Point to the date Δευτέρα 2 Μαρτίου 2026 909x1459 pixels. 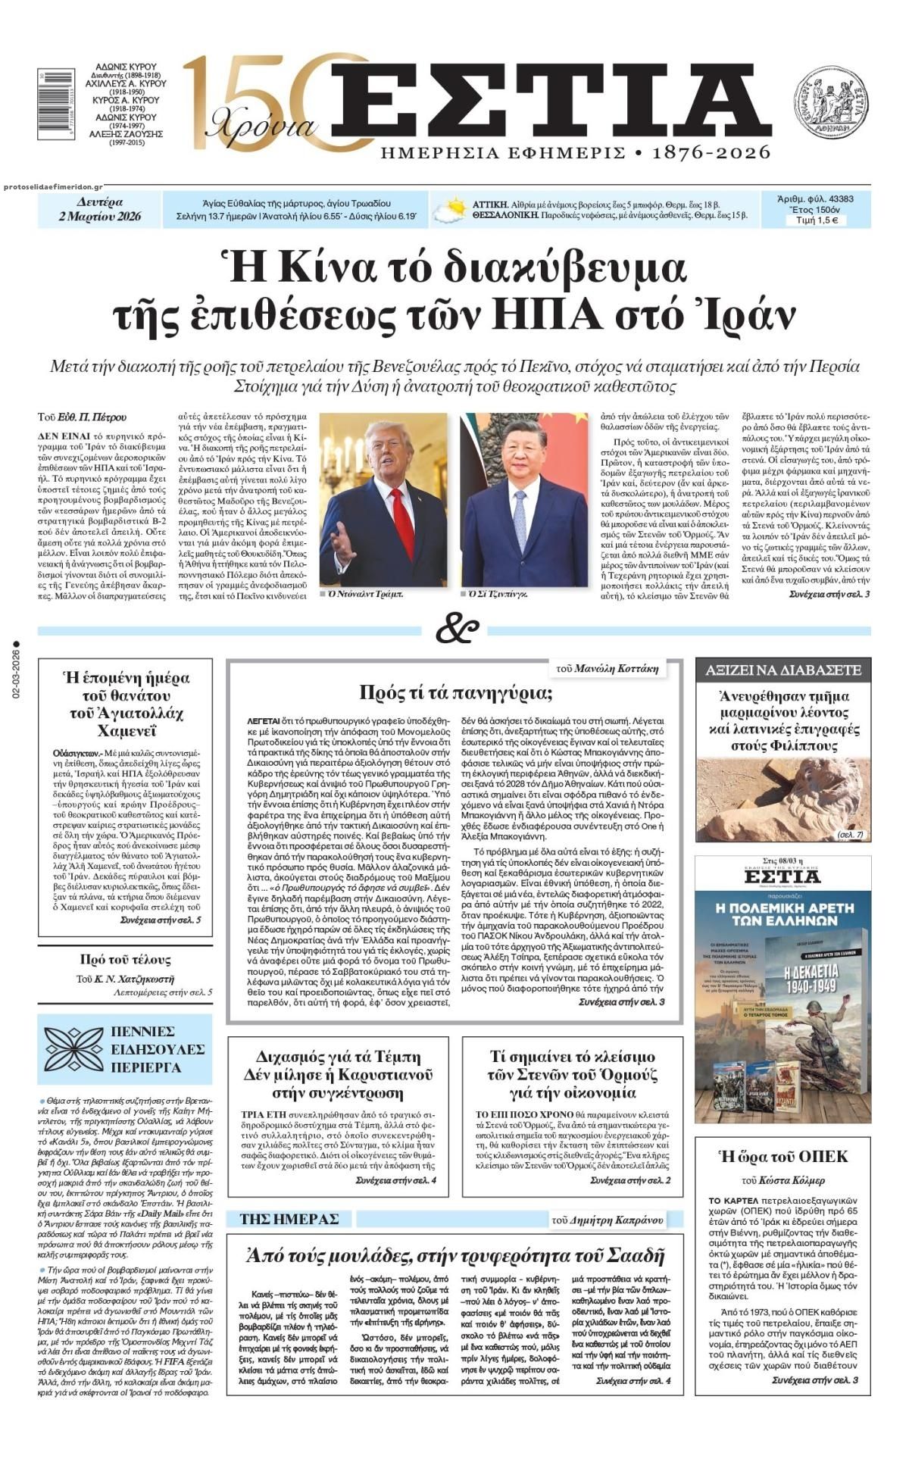pyautogui.click(x=100, y=210)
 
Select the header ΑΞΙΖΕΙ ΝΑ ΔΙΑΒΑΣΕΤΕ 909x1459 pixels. pyautogui.click(x=782, y=670)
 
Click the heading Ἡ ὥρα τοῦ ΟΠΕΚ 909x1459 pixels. pyautogui.click(x=782, y=1157)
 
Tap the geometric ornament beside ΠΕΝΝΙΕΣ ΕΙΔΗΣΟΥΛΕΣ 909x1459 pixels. pyautogui.click(x=73, y=1048)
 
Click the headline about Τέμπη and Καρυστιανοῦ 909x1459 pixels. pyautogui.click(x=338, y=1075)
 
